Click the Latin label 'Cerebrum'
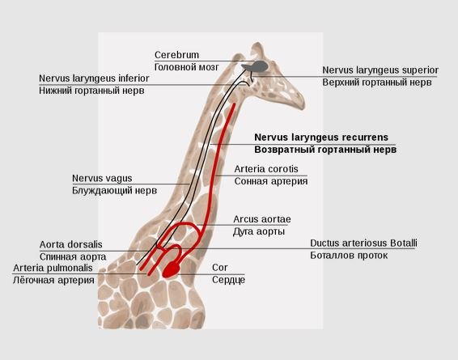click(x=176, y=55)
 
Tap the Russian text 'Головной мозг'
click(x=186, y=67)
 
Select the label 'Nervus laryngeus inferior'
click(x=94, y=78)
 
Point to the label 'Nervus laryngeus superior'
click(x=380, y=70)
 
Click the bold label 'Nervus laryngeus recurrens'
click(x=321, y=138)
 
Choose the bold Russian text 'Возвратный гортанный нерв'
click(x=325, y=150)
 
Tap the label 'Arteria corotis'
click(x=266, y=169)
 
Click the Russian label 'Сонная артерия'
click(x=271, y=181)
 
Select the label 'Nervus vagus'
click(x=102, y=178)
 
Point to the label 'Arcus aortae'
click(x=262, y=219)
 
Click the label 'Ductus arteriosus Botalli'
click(x=363, y=244)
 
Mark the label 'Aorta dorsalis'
click(x=71, y=244)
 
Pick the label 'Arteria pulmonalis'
click(x=53, y=268)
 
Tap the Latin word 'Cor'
click(x=219, y=268)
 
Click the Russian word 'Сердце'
click(x=228, y=280)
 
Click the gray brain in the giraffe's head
click(x=255, y=66)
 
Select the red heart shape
click(x=172, y=269)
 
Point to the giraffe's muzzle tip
click(x=303, y=105)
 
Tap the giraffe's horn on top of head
click(x=257, y=49)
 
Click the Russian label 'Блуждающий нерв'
click(x=115, y=191)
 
